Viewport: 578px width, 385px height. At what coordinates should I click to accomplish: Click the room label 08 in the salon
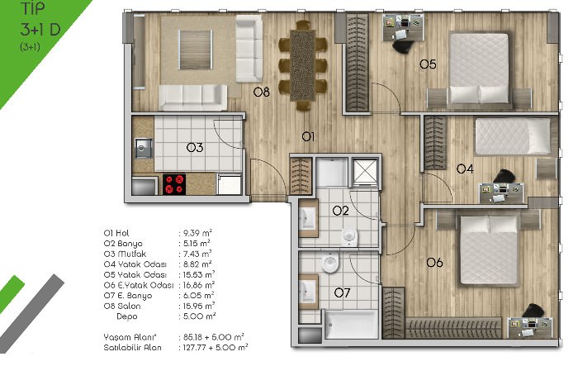(x=262, y=92)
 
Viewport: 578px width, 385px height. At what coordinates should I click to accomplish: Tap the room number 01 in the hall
(x=308, y=137)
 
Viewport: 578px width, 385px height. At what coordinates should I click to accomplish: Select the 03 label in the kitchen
(x=195, y=148)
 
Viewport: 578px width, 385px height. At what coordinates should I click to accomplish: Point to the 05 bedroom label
(x=428, y=64)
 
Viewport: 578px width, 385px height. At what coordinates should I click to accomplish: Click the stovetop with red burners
(x=174, y=184)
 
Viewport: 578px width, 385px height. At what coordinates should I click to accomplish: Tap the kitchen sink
(x=144, y=148)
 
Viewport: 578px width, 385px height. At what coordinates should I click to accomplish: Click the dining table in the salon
(x=303, y=65)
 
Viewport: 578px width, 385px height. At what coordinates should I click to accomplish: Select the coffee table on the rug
(x=196, y=50)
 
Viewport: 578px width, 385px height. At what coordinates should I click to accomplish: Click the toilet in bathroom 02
(x=349, y=236)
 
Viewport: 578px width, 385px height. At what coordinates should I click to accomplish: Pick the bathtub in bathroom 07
(x=351, y=324)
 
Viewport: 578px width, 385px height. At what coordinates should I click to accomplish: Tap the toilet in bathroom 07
(x=330, y=262)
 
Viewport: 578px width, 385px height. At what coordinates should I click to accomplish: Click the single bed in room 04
(x=513, y=136)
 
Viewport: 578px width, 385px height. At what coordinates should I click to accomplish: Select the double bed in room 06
(x=489, y=250)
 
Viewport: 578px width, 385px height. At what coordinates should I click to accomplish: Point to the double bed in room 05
(x=479, y=69)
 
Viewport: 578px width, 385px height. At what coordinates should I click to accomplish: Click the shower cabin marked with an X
(x=365, y=171)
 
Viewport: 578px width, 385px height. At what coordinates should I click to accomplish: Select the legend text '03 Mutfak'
(x=125, y=254)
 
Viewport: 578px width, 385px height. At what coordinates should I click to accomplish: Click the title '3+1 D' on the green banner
(x=40, y=30)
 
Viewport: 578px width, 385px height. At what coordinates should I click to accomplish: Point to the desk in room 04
(x=501, y=192)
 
